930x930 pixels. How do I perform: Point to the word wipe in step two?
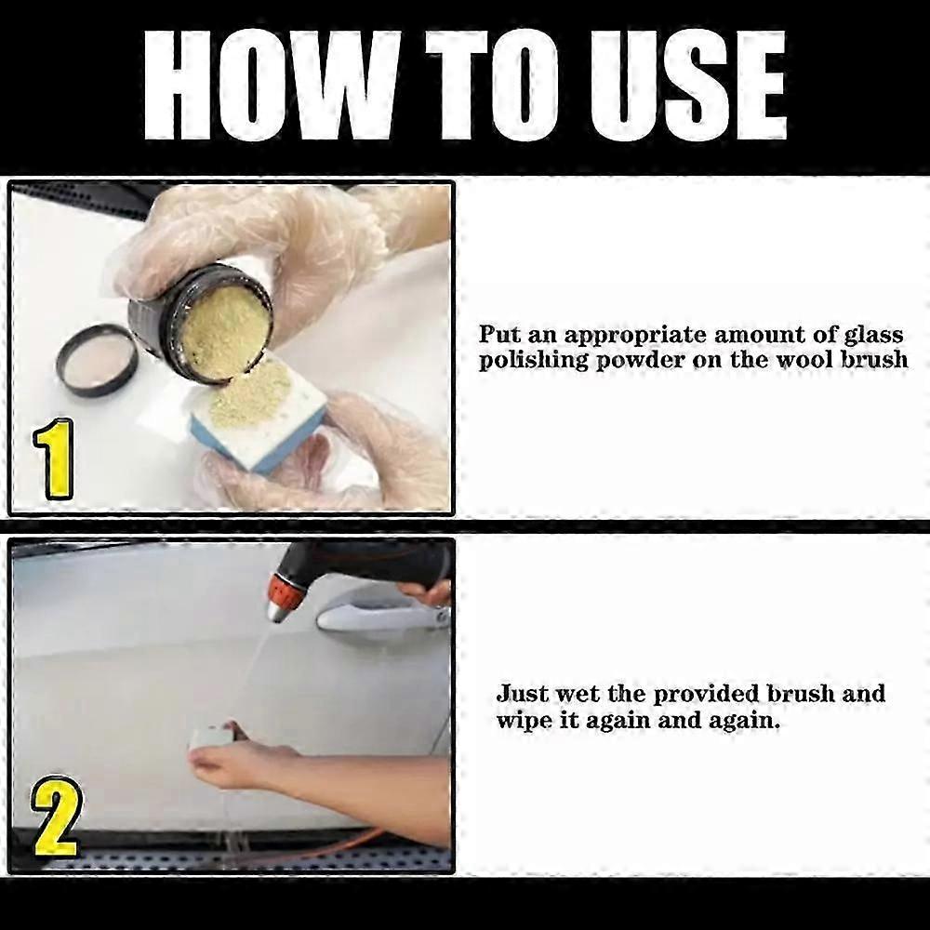[523, 720]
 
